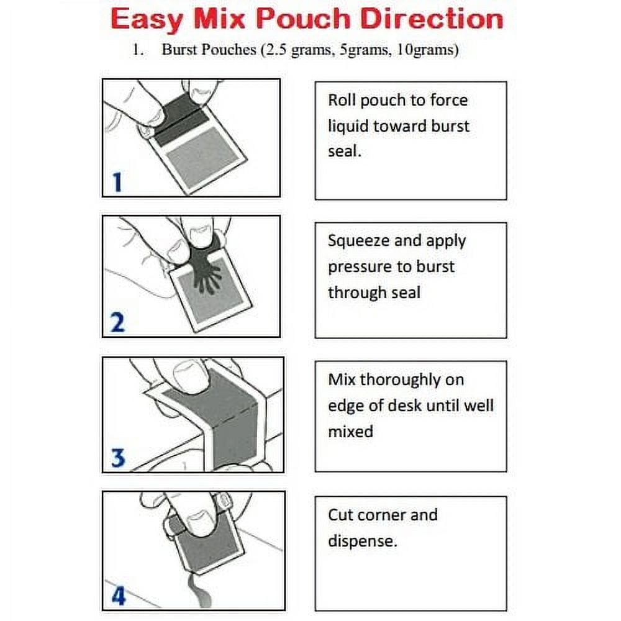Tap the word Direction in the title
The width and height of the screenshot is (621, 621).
point(431,19)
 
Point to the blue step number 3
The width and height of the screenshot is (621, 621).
point(118,458)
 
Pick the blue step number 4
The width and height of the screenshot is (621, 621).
point(117,597)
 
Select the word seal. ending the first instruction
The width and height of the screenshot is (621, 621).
point(344,151)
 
